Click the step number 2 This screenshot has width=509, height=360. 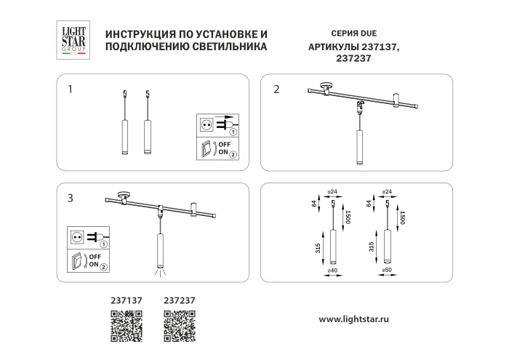(x=276, y=90)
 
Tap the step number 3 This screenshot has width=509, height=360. (x=70, y=198)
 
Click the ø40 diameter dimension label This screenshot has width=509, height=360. (x=332, y=271)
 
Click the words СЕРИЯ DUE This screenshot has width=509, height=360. (x=341, y=34)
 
